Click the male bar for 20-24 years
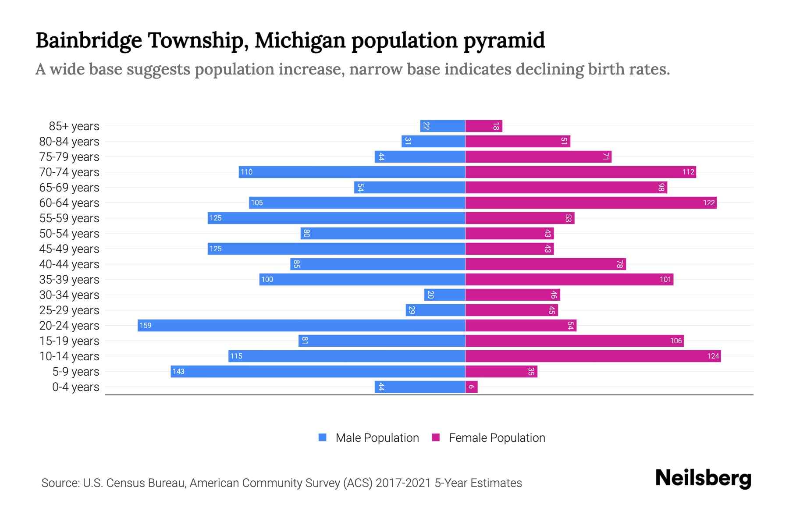302,325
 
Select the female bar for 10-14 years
593,356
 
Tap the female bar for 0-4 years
472,387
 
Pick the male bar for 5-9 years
318,371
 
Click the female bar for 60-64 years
591,203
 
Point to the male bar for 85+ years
443,126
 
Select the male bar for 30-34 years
444,295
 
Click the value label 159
146,326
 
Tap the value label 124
713,356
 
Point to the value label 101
665,280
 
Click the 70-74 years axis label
69,172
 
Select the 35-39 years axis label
69,280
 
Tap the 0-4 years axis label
75,387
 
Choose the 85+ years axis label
74,126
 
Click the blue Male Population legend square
323,437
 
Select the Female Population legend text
497,438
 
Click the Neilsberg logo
703,478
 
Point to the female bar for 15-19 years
574,341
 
